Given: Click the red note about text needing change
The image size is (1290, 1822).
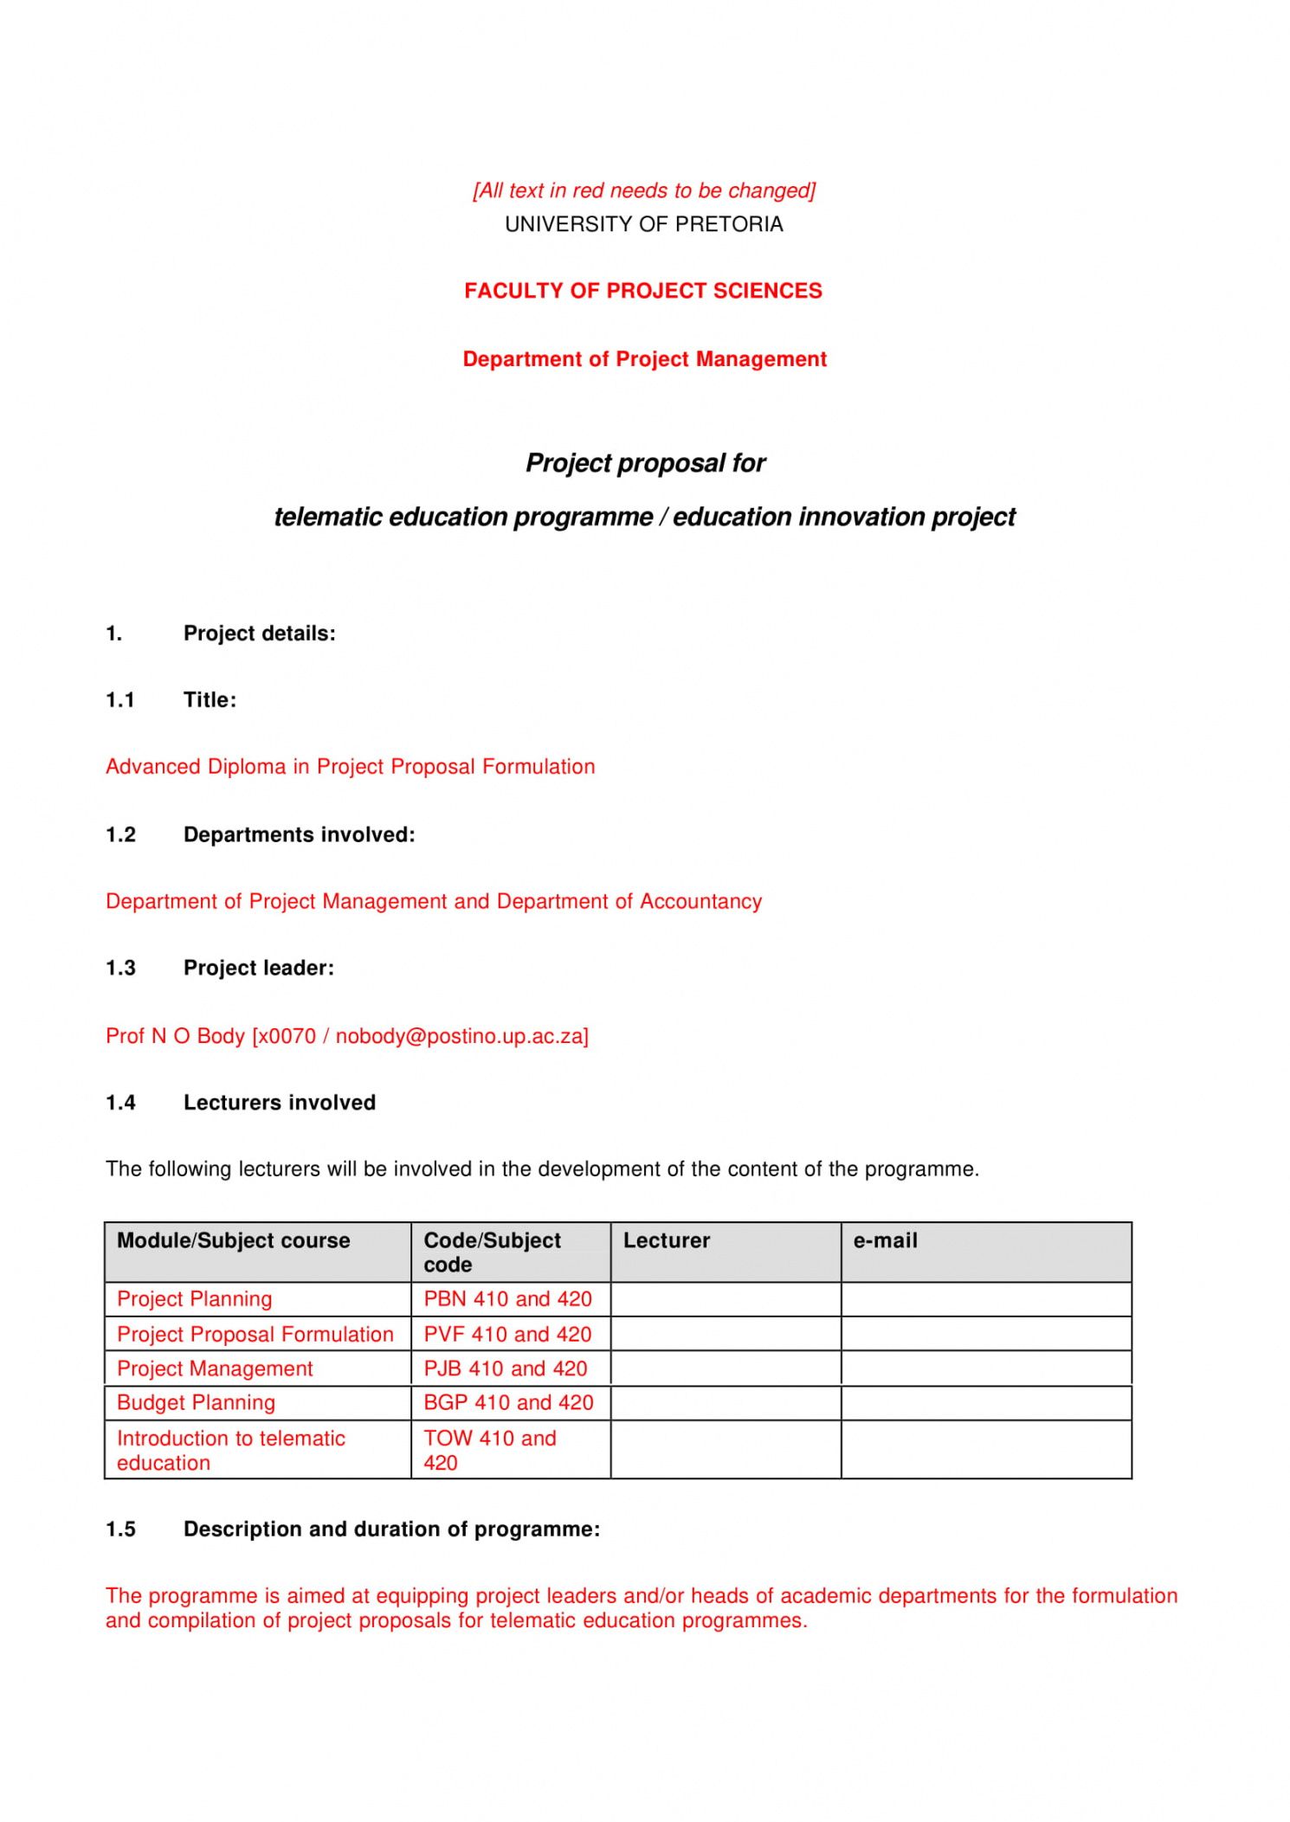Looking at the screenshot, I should click(643, 190).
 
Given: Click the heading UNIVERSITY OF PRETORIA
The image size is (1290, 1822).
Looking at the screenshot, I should click(643, 224).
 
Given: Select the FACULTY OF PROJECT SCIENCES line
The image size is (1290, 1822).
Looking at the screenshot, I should click(642, 291).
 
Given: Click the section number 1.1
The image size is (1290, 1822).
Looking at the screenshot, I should click(120, 700).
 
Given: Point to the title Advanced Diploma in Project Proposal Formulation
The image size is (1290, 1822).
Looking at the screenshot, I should click(350, 767).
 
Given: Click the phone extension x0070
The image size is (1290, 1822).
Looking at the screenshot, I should click(286, 1036).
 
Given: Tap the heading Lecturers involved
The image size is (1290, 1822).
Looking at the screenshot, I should click(279, 1103).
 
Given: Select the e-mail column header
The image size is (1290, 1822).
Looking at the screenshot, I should click(885, 1240).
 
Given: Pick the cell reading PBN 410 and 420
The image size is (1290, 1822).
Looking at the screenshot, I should click(508, 1299).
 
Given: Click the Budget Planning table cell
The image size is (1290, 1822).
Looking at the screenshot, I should click(196, 1403).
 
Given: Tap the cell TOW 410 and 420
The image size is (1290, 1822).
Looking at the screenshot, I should click(490, 1450).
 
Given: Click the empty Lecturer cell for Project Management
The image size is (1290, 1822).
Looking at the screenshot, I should click(725, 1368).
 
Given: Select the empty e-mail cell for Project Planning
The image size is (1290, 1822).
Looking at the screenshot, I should click(985, 1299).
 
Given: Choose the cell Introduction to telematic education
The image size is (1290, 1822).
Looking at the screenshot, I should click(230, 1450).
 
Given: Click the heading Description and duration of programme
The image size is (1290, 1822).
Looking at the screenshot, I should click(391, 1529).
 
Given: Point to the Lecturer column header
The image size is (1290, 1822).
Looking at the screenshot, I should click(666, 1240).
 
